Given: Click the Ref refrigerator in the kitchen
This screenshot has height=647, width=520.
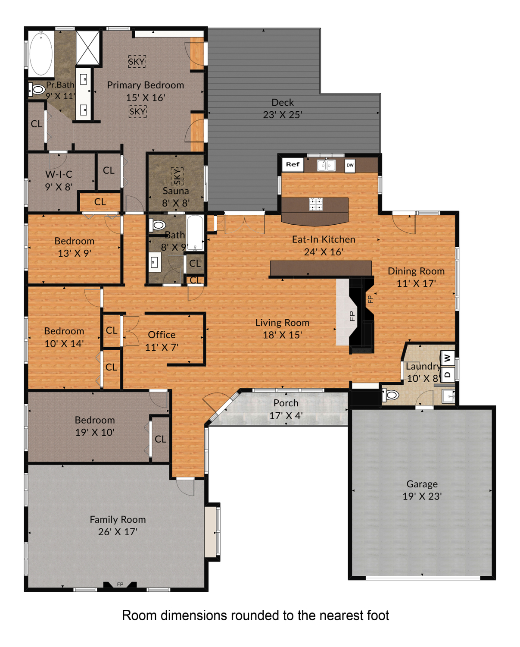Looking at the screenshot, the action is click(x=292, y=164).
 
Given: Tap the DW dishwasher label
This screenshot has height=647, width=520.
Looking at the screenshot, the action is click(x=350, y=165).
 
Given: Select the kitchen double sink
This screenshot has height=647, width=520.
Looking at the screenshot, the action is click(x=326, y=165).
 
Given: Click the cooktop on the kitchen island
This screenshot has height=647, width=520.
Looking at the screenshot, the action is click(x=316, y=204).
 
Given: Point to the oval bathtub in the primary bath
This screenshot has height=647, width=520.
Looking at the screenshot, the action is click(x=41, y=54).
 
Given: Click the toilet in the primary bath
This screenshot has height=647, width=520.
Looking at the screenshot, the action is click(x=37, y=89).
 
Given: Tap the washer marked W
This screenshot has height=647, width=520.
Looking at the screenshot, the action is click(x=447, y=358).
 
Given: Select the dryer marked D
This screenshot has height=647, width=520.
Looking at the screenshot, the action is click(x=447, y=374).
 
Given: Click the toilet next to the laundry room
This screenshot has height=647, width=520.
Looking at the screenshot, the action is click(x=390, y=395).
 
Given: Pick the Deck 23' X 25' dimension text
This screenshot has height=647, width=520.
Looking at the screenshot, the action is click(x=282, y=115).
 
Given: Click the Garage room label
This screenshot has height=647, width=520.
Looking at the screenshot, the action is click(x=422, y=484).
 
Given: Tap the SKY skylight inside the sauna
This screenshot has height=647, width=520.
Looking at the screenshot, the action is click(x=177, y=176).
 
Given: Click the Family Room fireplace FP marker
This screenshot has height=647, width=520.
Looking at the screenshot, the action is click(x=120, y=584).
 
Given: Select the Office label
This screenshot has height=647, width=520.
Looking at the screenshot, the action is click(x=162, y=335).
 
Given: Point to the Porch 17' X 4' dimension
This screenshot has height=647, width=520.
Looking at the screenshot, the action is click(x=286, y=415).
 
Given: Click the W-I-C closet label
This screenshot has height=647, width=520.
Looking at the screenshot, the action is click(x=59, y=174).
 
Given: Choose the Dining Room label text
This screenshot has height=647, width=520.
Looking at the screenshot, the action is click(x=416, y=271).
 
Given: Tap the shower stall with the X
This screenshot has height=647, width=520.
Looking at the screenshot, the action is click(x=87, y=48).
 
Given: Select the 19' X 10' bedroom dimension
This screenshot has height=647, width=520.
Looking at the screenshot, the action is click(x=95, y=432).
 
